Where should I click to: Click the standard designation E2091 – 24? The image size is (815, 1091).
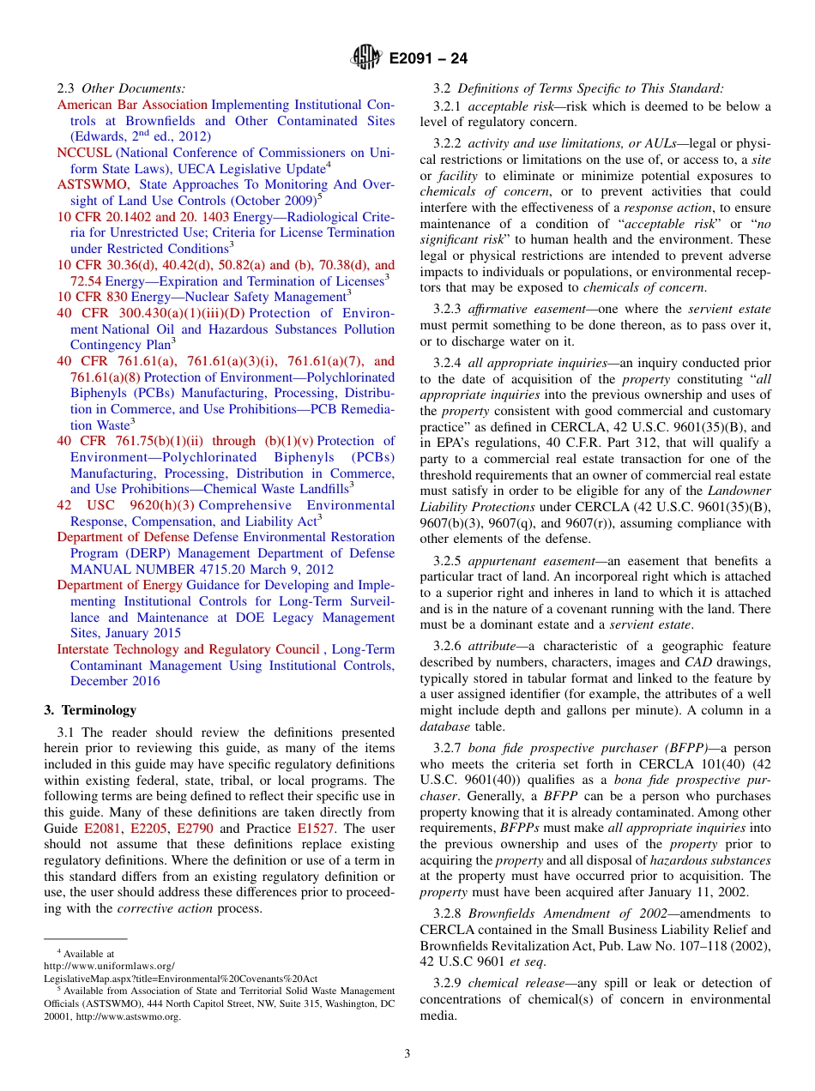(427, 59)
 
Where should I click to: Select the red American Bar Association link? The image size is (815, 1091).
(132, 105)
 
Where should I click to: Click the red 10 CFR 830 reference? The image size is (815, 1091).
(93, 297)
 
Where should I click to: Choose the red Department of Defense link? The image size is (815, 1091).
(124, 537)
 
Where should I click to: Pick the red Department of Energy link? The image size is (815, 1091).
(119, 585)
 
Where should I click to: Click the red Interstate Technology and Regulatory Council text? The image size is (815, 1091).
(188, 649)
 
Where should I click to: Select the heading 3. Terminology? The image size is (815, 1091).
(90, 710)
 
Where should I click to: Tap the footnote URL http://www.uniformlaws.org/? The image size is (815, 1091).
(109, 965)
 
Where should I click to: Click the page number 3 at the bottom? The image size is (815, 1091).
(407, 1053)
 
